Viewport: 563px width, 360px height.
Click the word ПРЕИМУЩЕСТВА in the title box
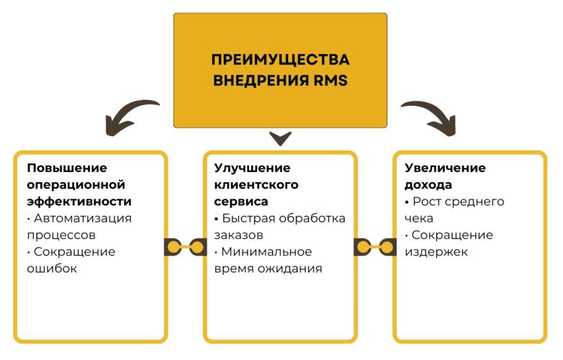[280, 59]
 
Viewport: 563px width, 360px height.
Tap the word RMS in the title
[331, 81]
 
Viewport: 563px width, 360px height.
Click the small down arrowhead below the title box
[280, 138]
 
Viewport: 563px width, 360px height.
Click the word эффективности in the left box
[79, 201]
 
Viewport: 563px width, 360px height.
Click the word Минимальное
[267, 251]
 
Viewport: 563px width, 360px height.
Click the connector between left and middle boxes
[186, 247]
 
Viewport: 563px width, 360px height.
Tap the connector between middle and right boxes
[375, 247]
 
